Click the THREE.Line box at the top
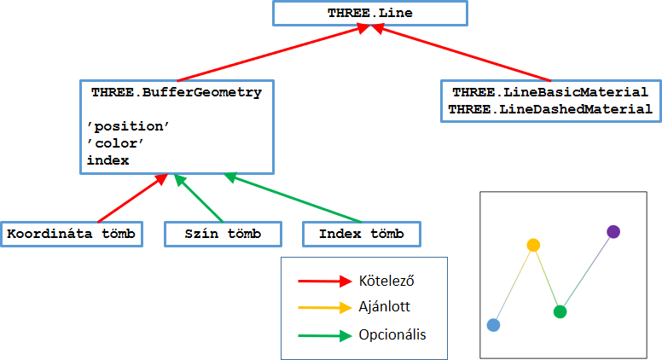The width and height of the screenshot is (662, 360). click(370, 13)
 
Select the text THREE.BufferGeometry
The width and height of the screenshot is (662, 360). click(177, 92)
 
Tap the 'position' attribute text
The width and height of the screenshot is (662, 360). click(128, 126)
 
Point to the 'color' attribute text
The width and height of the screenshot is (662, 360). click(115, 143)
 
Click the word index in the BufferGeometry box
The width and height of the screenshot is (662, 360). click(108, 160)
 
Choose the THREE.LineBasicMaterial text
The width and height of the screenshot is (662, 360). click(550, 92)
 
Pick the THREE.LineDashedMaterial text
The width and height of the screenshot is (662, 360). click(550, 109)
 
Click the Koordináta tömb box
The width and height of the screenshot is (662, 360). click(72, 234)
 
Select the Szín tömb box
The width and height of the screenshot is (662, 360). click(223, 234)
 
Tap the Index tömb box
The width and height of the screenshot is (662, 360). click(362, 234)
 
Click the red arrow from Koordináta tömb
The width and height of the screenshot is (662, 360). click(132, 198)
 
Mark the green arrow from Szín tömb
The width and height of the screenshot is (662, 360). click(199, 198)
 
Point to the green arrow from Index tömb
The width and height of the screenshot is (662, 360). click(293, 198)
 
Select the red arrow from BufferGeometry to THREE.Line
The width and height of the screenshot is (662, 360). click(274, 52)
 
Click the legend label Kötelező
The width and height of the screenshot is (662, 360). click(386, 281)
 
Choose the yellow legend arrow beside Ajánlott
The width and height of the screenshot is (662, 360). click(325, 308)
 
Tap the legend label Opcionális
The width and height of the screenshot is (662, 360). click(392, 334)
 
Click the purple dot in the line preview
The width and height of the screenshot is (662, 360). click(613, 232)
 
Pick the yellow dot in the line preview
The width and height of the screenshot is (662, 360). click(533, 245)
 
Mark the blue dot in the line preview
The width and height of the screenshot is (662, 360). click(494, 325)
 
